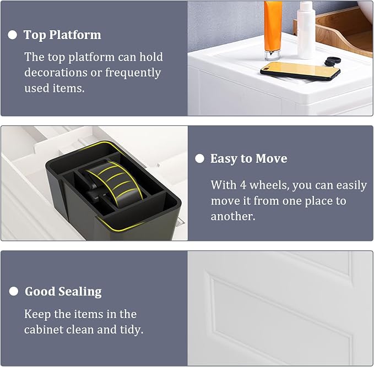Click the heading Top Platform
coord(62,35)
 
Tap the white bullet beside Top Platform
coord(13,35)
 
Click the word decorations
coord(56,73)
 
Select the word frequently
coord(133,73)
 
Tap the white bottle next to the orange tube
coord(306,30)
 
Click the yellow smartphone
coord(300,71)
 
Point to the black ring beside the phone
coord(332,61)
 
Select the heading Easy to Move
coord(248,158)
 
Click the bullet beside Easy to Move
coord(199,158)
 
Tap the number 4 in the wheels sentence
coord(243,185)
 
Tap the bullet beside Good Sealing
coord(14,291)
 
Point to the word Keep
coord(37,315)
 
